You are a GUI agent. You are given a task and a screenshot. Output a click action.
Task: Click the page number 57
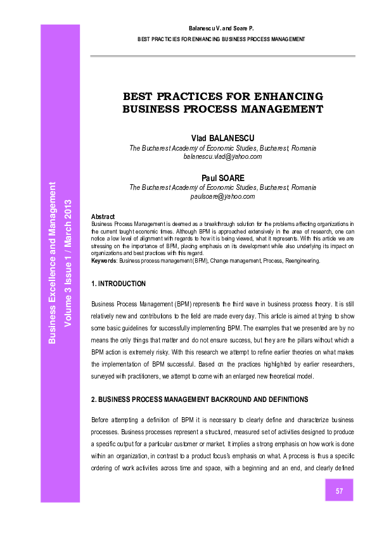(340, 491)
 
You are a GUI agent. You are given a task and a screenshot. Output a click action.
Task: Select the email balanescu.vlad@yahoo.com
(222, 156)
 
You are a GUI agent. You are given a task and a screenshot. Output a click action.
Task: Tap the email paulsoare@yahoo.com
(222, 196)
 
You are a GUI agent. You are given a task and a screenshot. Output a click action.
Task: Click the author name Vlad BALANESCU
(222, 138)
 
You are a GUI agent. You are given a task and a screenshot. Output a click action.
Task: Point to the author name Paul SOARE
(222, 179)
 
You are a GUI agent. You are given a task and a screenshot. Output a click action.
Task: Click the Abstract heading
(103, 216)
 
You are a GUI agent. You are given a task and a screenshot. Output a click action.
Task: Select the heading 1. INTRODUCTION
(118, 284)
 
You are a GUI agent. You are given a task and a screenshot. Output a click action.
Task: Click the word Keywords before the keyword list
(104, 260)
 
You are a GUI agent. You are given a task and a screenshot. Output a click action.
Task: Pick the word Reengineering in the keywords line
(299, 260)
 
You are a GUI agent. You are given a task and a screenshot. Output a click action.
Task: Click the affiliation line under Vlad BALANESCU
(222, 147)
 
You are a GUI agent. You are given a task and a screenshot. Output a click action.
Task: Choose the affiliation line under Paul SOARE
(222, 187)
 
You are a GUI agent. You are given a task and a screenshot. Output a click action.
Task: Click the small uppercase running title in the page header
(221, 39)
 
